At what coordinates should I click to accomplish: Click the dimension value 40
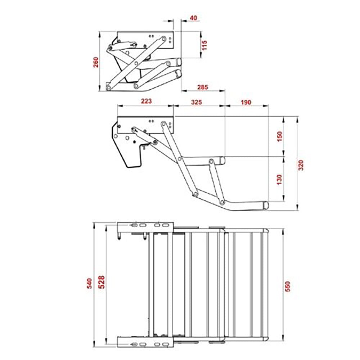tap(194, 18)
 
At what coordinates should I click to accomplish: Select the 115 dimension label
tap(205, 45)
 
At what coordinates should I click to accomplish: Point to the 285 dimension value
tap(203, 87)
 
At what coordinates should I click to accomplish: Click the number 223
tap(146, 102)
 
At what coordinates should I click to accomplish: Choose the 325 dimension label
tap(196, 102)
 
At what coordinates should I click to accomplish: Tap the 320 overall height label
tap(301, 164)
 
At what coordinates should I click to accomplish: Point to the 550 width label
tap(287, 286)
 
